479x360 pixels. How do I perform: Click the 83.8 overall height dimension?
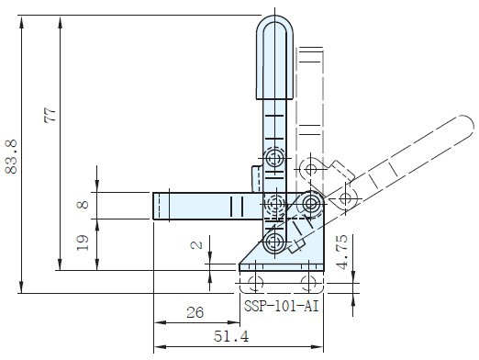[x=12, y=157]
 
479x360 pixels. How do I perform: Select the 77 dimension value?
[x=50, y=116]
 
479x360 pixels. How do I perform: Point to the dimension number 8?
[x=83, y=205]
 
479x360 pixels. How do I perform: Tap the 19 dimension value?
[x=83, y=242]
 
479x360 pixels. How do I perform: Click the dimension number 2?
[x=196, y=245]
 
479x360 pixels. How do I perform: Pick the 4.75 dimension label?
[x=342, y=253]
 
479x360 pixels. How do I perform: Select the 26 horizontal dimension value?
[x=195, y=312]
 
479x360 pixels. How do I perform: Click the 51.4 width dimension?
[x=231, y=336]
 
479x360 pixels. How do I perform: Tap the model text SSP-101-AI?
[x=282, y=306]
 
